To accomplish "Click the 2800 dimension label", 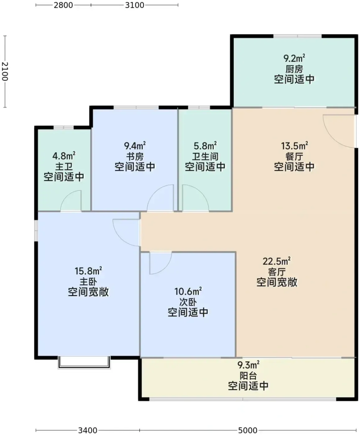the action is tap(63, 5).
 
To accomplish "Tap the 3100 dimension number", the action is tap(134, 5).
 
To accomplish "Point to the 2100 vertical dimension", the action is tap(5, 71).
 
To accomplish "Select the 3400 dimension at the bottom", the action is tap(88, 430).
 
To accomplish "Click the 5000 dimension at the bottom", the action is tap(248, 430).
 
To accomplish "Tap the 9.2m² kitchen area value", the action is tap(294, 58).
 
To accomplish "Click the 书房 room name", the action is tap(135, 157).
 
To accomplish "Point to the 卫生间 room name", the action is tap(205, 157).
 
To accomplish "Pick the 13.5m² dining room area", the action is tap(294, 146).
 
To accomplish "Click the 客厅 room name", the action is tap(277, 272).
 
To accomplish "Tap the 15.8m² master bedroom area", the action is tap(88, 271).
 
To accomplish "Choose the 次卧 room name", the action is tap(188, 302).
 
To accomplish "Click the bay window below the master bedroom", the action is tap(84, 363).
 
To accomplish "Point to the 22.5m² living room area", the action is tap(277, 261).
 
